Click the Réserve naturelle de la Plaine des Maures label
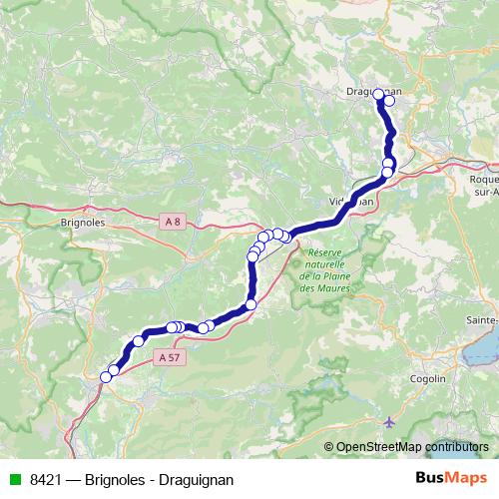pyautogui.click(x=333, y=269)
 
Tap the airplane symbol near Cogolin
pyautogui.click(x=388, y=422)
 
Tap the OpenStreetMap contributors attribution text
pyautogui.click(x=412, y=447)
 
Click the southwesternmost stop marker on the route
pyautogui.click(x=106, y=376)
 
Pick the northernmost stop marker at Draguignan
pyautogui.click(x=379, y=95)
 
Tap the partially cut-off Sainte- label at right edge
pyautogui.click(x=481, y=319)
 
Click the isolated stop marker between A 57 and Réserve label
pyautogui.click(x=250, y=304)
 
